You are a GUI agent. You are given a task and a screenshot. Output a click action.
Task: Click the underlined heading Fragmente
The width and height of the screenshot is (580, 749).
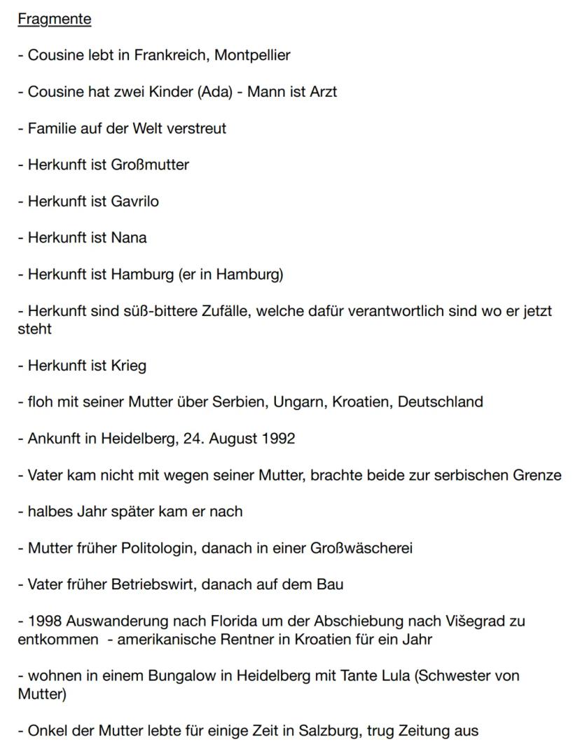point(55,19)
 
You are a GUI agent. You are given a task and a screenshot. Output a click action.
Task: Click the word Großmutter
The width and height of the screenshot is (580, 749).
point(150,165)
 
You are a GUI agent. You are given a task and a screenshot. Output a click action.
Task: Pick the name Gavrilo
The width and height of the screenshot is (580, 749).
point(134,201)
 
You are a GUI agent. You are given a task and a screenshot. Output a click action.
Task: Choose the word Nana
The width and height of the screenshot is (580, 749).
point(129,238)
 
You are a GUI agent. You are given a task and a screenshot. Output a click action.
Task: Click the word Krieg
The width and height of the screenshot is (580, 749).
point(128,366)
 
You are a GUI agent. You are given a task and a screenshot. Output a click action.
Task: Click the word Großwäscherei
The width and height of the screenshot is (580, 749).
point(361,548)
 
